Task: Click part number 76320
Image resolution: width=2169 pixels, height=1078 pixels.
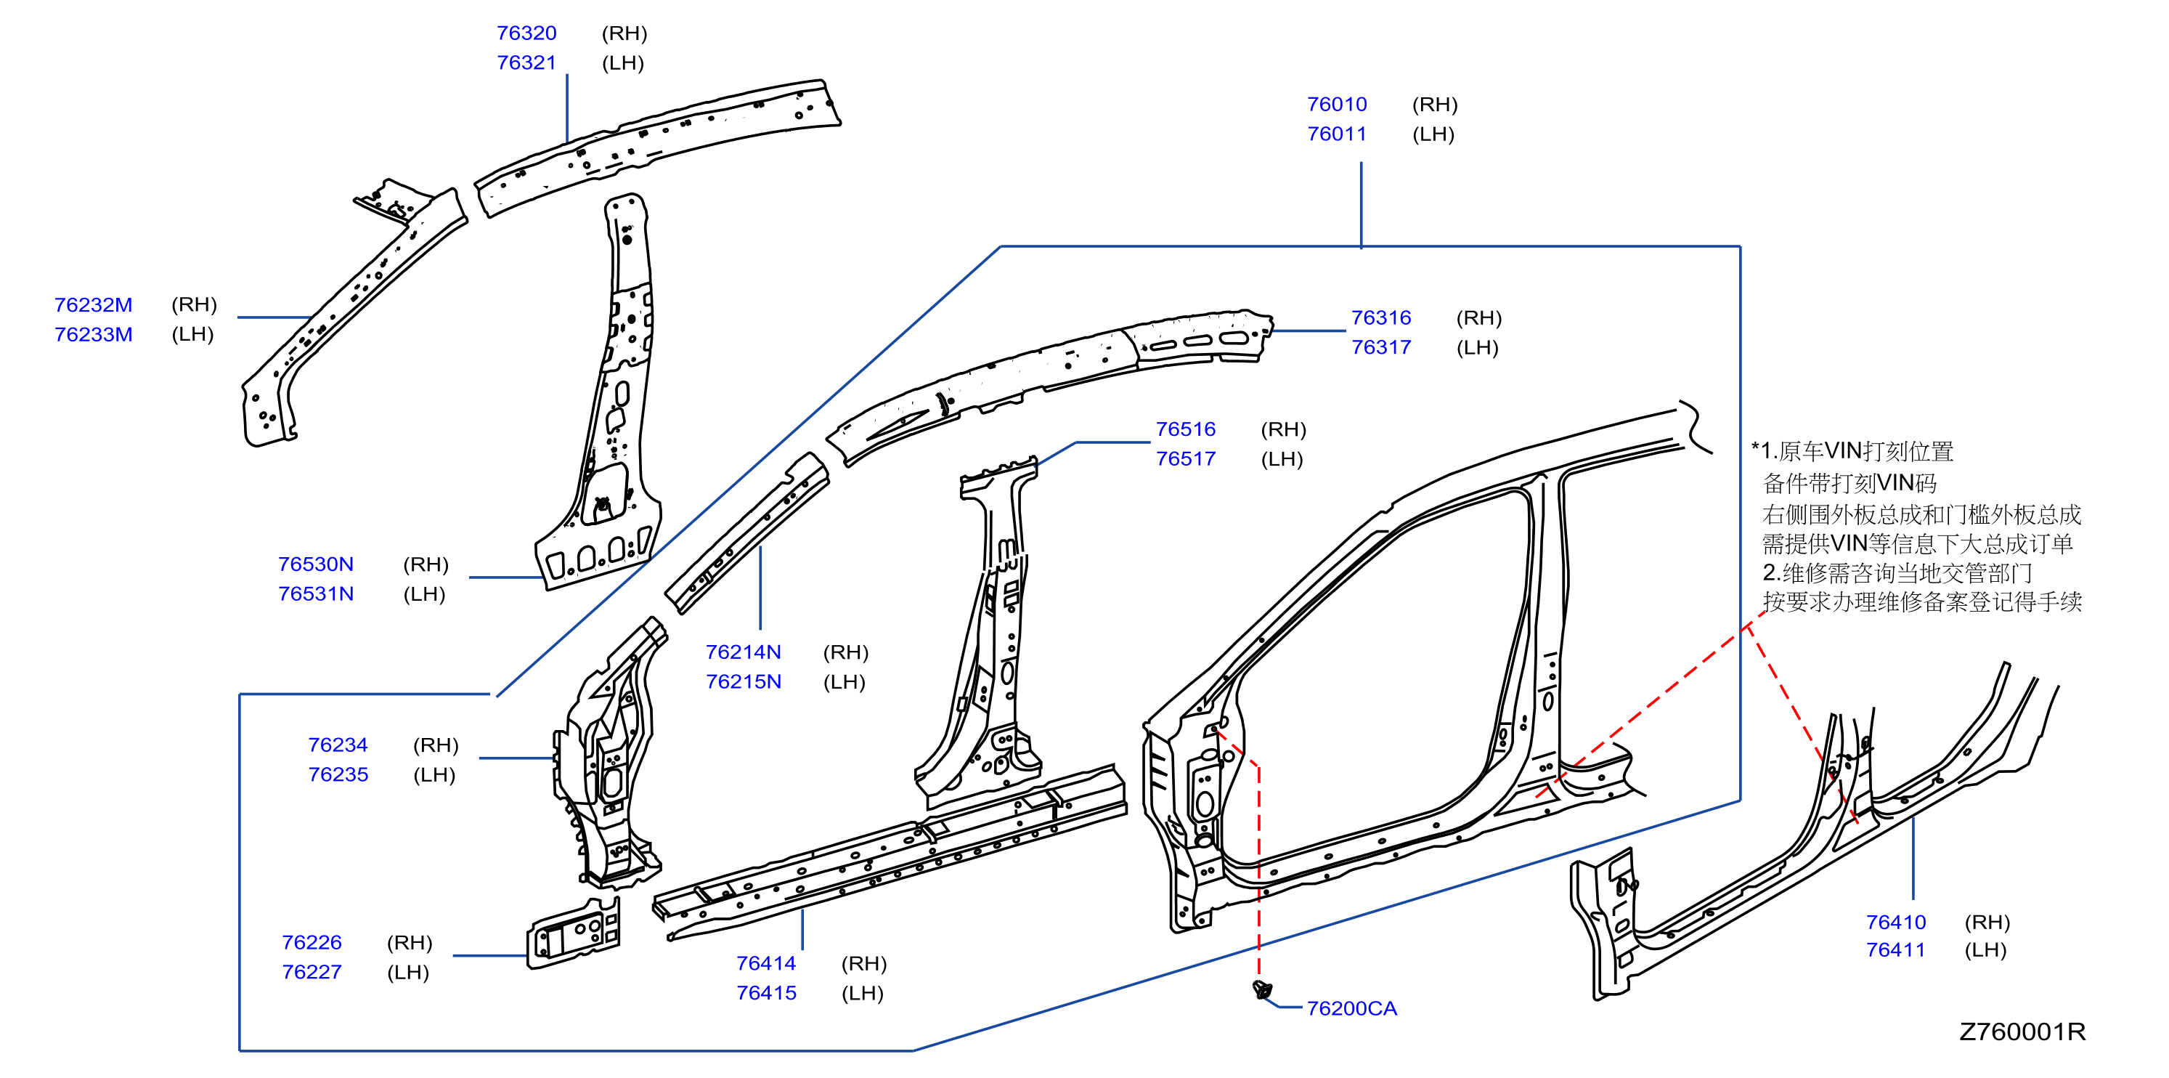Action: point(526,33)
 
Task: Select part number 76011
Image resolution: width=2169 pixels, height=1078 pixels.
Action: point(1336,134)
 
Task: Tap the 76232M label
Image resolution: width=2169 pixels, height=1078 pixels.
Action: point(94,305)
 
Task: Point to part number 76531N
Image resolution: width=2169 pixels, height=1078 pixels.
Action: point(316,593)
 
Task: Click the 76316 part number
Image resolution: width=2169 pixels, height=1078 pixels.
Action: point(1381,317)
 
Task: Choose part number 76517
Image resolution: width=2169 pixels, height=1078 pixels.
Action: point(1186,459)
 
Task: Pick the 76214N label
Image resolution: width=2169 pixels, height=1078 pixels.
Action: point(744,652)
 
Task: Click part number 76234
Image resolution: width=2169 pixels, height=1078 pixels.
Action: point(338,745)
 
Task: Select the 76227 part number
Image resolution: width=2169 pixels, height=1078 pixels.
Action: point(312,972)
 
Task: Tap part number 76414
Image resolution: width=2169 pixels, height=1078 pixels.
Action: point(766,963)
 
